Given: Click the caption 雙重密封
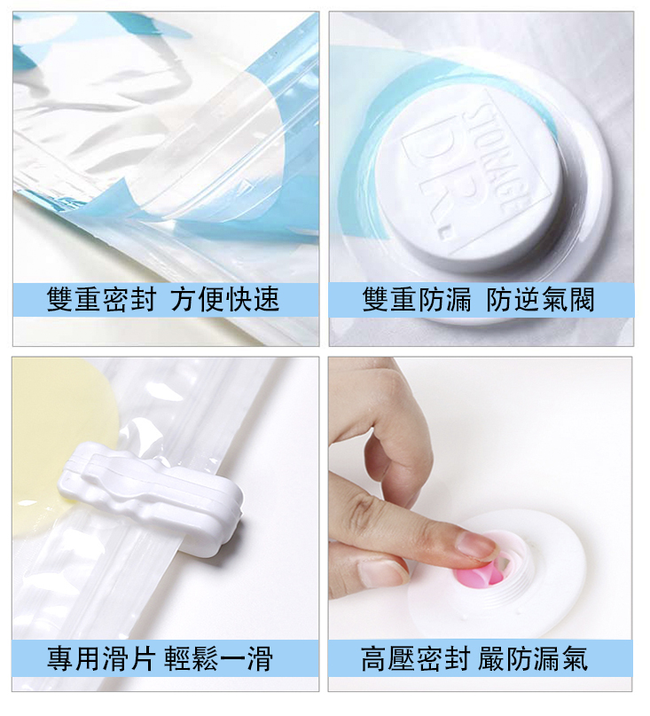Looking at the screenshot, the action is [101, 300].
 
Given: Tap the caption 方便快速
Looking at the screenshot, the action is [225, 300].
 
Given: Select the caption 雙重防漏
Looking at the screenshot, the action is [417, 300].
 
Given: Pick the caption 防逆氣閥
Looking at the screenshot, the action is [541, 300].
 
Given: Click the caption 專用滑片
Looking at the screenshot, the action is [101, 658].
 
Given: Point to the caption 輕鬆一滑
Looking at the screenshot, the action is [219, 658].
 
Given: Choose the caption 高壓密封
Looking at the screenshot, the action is [415, 658].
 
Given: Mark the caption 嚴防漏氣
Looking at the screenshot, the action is [533, 658].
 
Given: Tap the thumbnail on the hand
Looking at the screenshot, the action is [380, 572].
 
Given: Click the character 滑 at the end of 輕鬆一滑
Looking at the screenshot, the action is [261, 658].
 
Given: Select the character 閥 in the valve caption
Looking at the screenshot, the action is [582, 300].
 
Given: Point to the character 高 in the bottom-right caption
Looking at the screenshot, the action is [374, 658].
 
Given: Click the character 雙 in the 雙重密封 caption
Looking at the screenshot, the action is [59, 300].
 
